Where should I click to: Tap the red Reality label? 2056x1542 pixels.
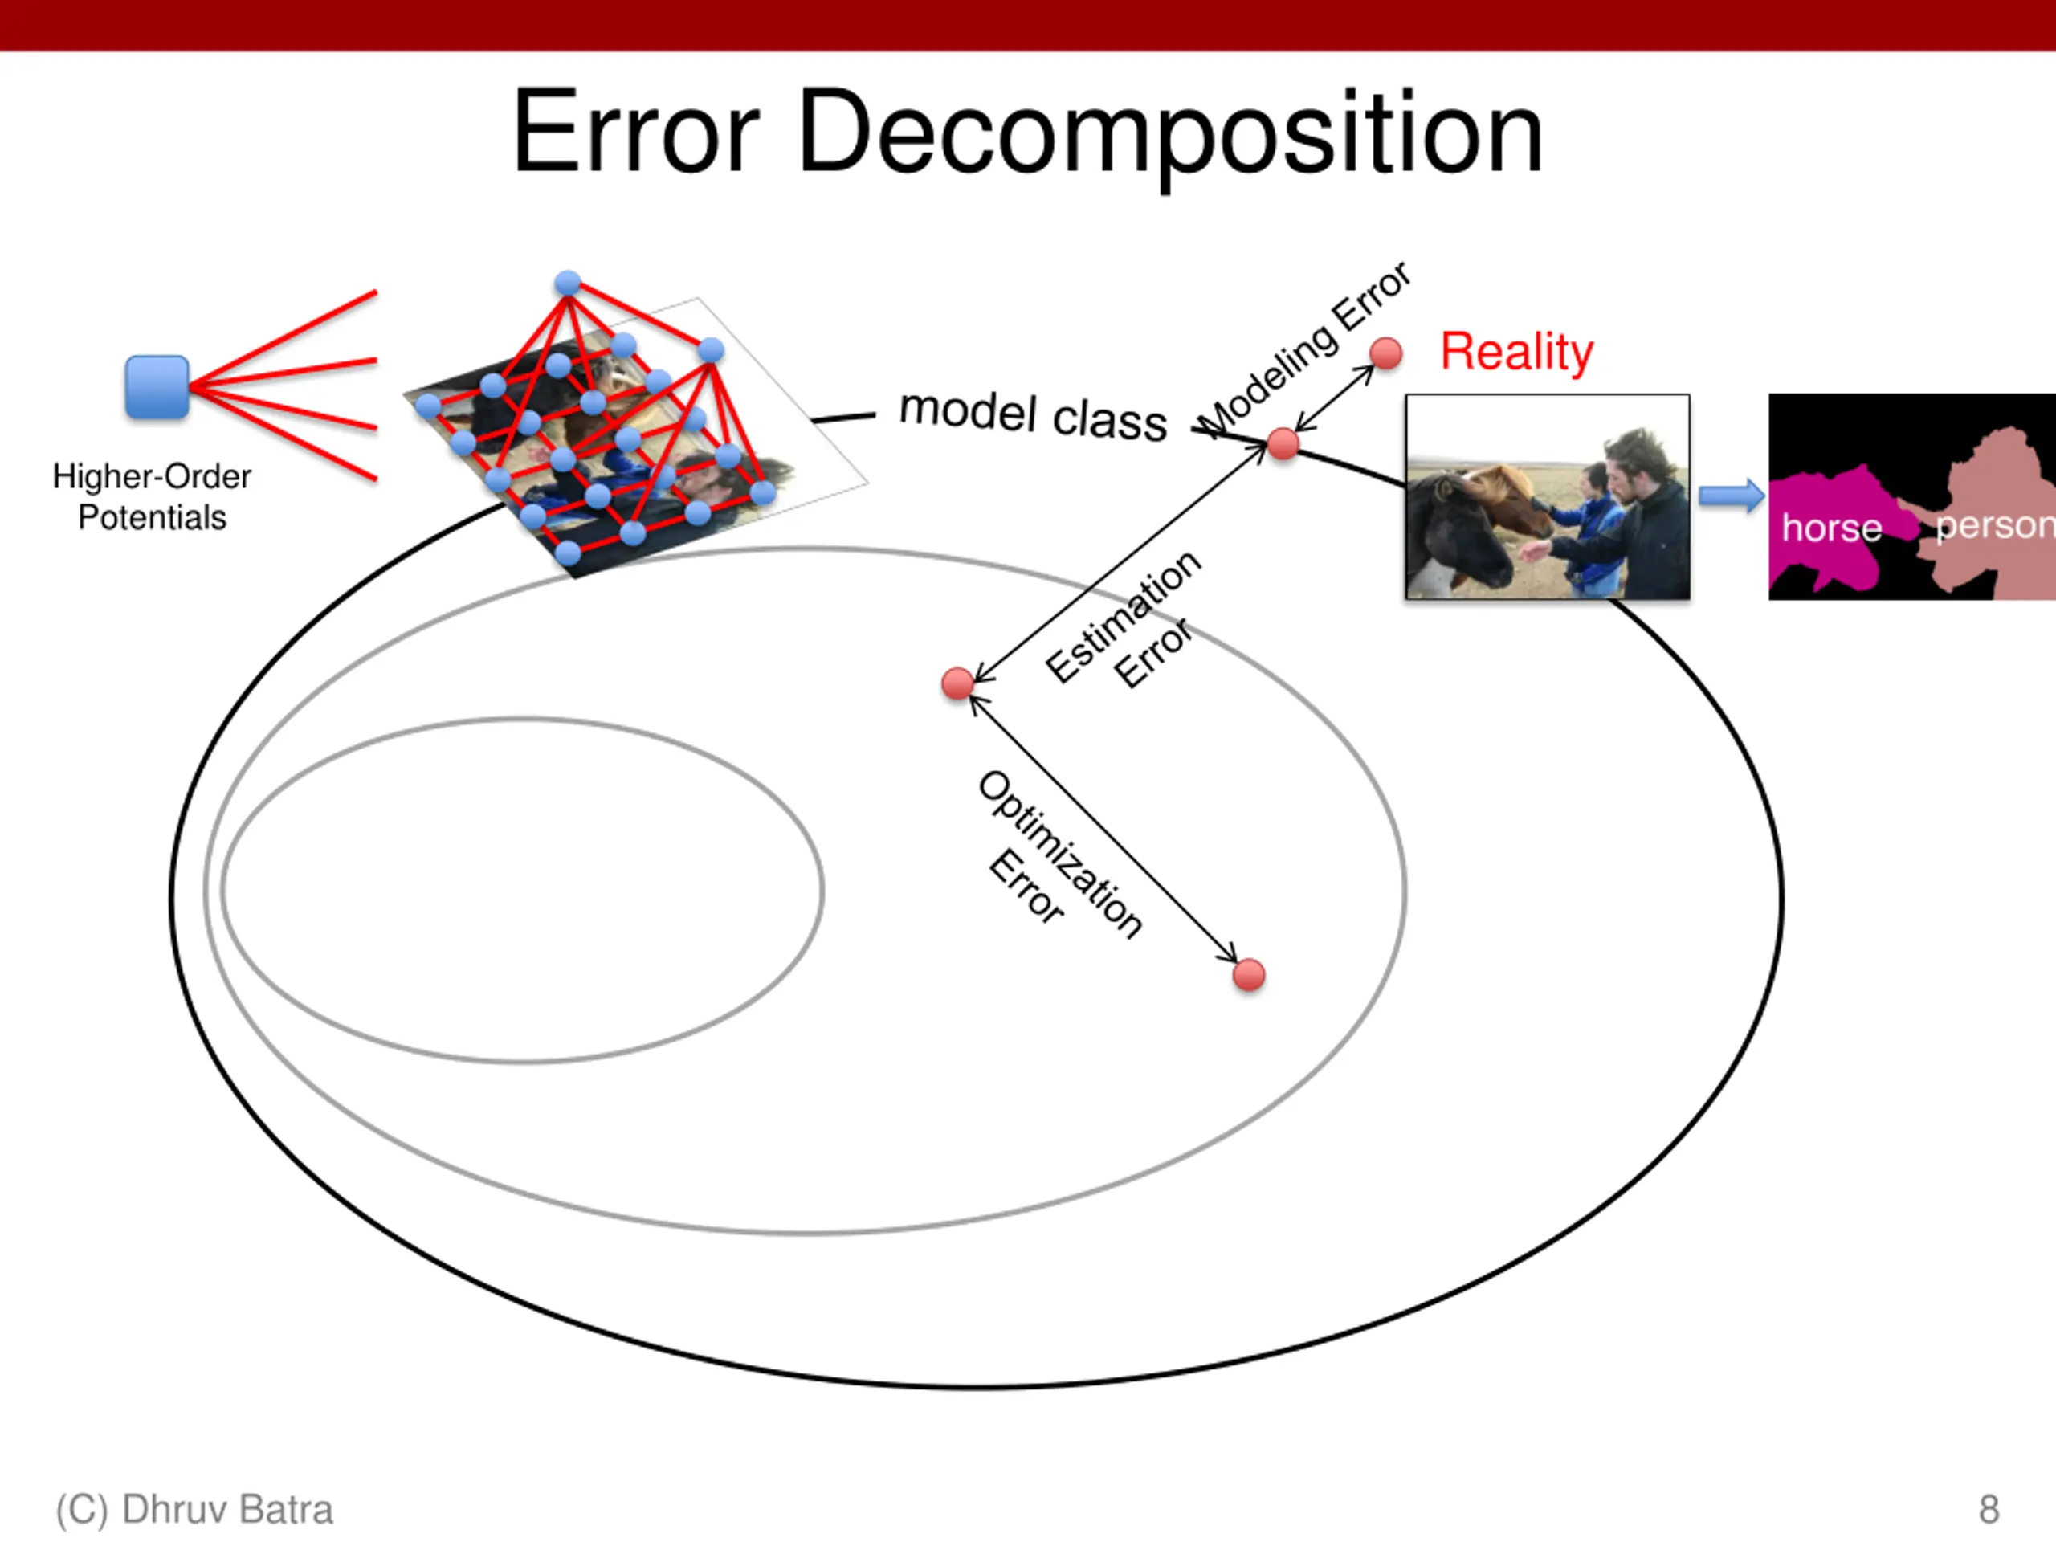click(1516, 353)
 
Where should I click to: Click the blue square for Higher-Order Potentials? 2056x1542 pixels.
click(157, 386)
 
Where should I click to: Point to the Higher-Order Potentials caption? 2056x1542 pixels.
click(152, 496)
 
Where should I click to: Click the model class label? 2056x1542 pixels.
click(1033, 414)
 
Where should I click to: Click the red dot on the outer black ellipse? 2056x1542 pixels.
click(1283, 444)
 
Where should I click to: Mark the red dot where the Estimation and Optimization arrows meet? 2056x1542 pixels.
click(957, 683)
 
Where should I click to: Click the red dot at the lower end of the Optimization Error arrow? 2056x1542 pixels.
click(1248, 975)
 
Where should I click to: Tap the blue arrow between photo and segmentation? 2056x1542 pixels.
click(1731, 496)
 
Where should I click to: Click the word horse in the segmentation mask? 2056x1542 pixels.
click(1831, 528)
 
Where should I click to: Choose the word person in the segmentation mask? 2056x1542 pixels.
click(1993, 526)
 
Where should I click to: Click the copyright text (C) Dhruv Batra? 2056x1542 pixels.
click(194, 1509)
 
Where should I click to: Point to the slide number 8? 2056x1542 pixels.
click(1989, 1509)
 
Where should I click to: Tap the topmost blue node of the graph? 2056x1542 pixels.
click(567, 283)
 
